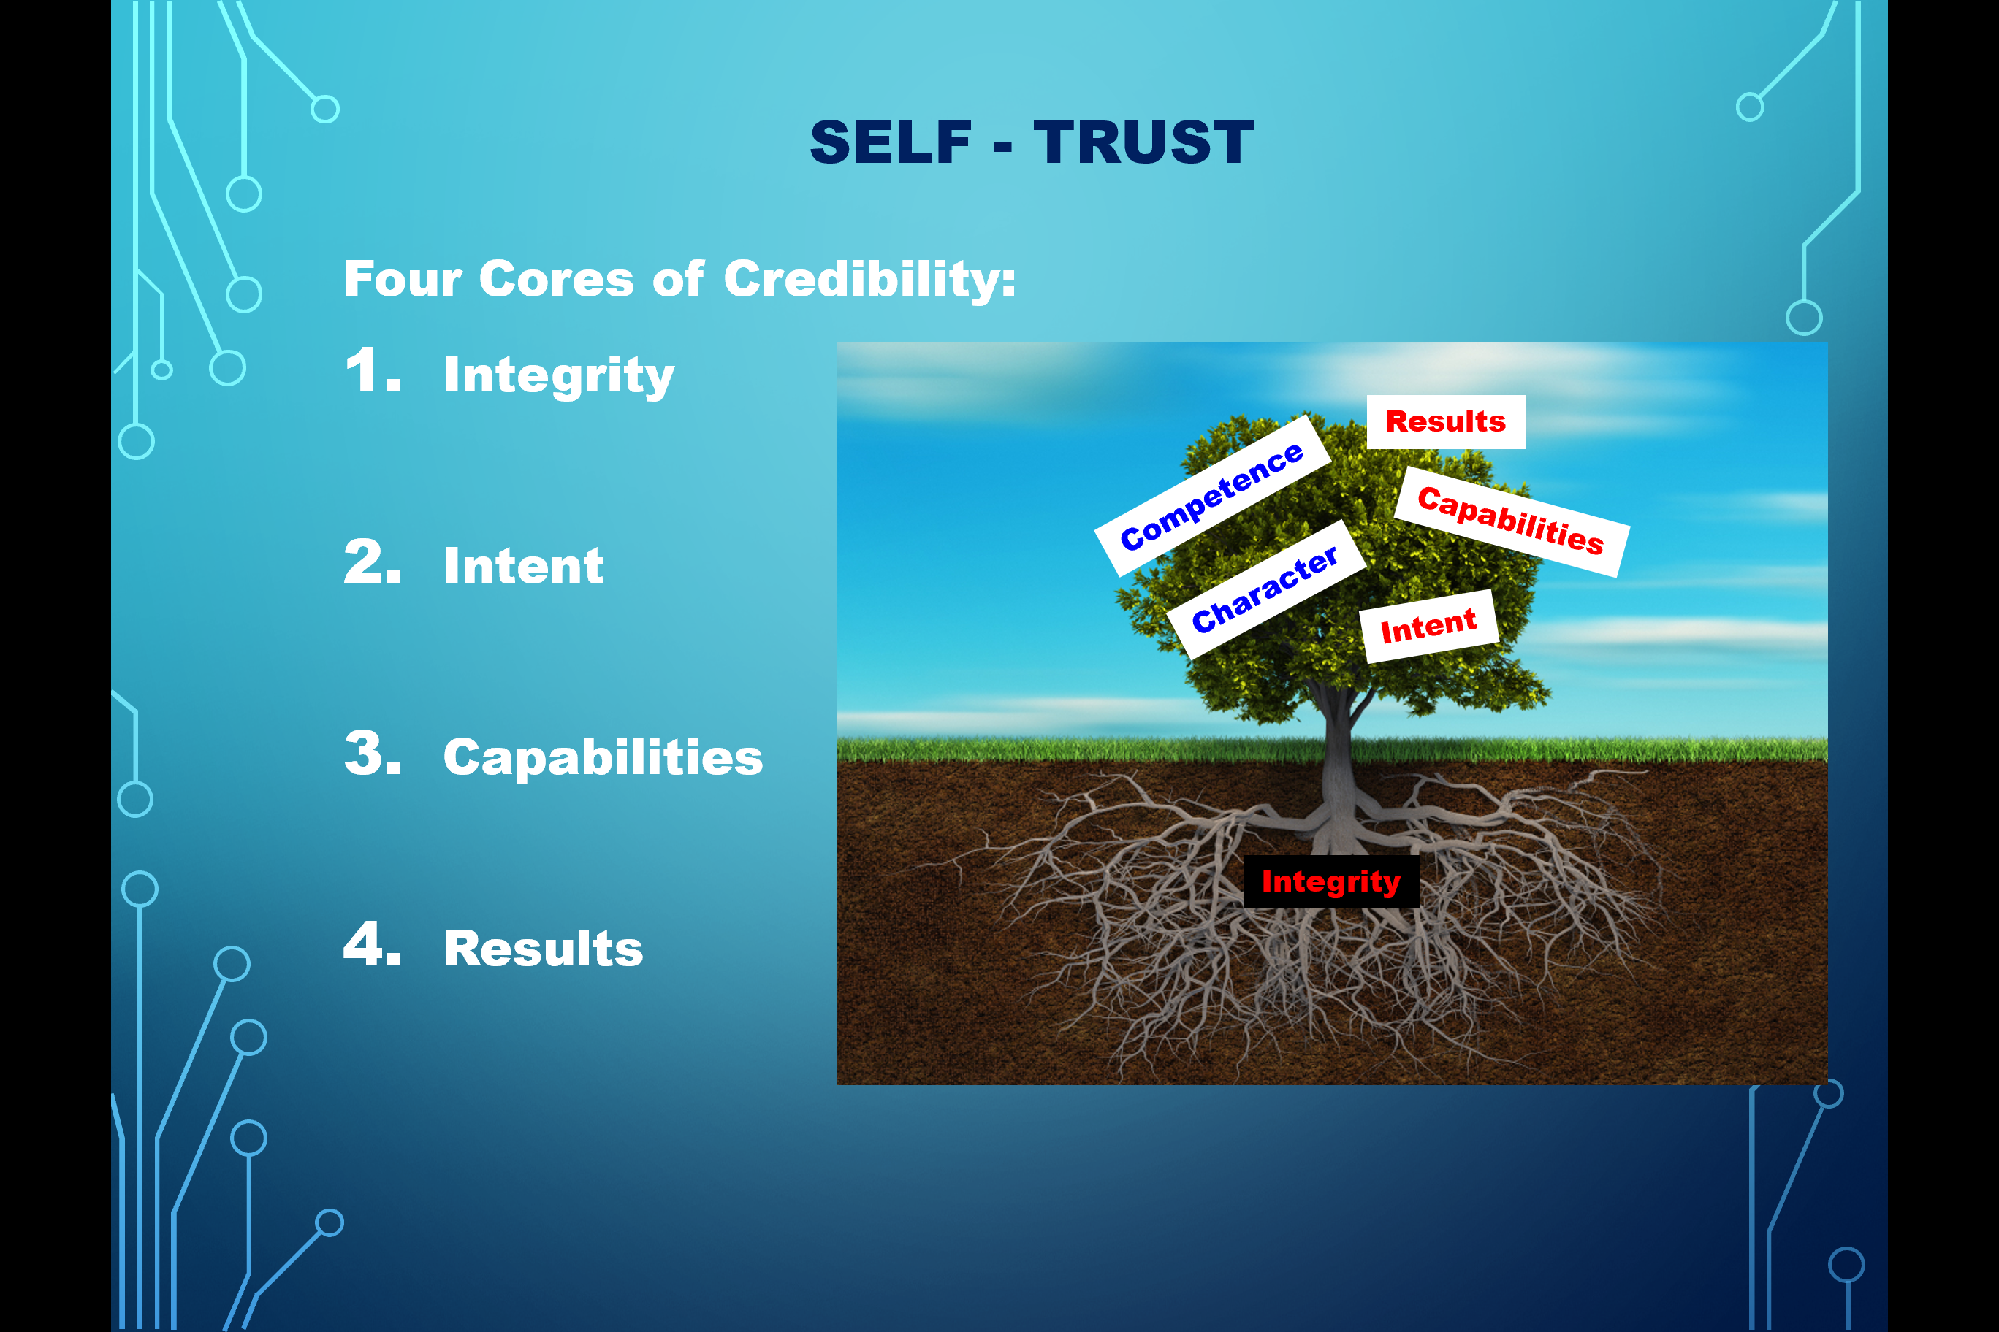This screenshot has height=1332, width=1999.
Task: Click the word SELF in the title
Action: pyautogui.click(x=890, y=142)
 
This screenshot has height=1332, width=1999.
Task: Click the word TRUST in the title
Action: pyautogui.click(x=1143, y=142)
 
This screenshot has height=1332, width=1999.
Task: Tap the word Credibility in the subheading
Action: pyautogui.click(x=869, y=280)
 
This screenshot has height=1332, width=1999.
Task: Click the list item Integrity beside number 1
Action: pyautogui.click(x=559, y=375)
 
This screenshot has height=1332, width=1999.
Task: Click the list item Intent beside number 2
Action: pyautogui.click(x=524, y=566)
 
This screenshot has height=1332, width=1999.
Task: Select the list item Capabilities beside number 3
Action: pyautogui.click(x=603, y=758)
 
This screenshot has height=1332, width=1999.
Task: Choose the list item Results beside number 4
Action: pyautogui.click(x=544, y=949)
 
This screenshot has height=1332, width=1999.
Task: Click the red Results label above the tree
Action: pyautogui.click(x=1446, y=422)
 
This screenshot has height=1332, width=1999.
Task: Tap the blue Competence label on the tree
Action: pyautogui.click(x=1213, y=496)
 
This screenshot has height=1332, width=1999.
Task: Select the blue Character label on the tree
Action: pyautogui.click(x=1265, y=589)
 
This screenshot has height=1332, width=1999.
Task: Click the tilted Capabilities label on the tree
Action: pyautogui.click(x=1512, y=521)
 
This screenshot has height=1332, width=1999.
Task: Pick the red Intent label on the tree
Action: pyautogui.click(x=1428, y=627)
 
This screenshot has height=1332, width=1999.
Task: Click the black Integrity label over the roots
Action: pyautogui.click(x=1331, y=881)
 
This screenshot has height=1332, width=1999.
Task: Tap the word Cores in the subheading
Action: pyautogui.click(x=557, y=280)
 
